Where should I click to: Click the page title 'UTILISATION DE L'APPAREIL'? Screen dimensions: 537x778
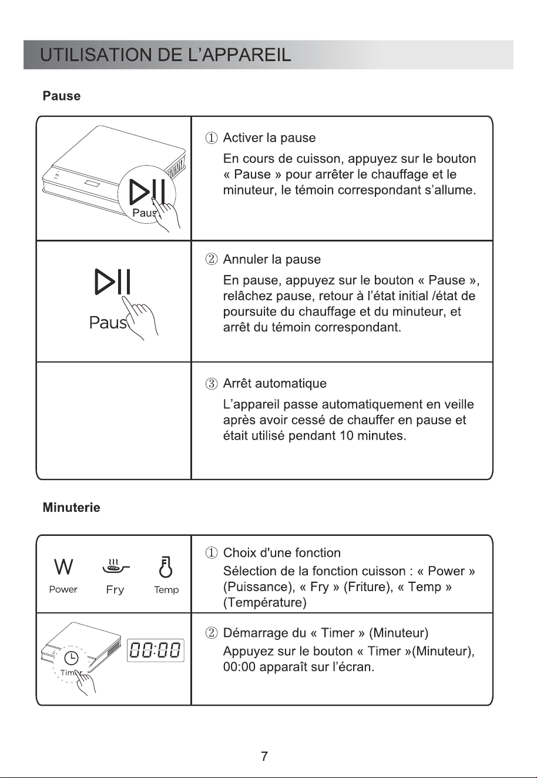165,55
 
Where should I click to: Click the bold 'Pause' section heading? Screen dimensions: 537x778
62,96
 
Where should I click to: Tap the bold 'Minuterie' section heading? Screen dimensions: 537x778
71,508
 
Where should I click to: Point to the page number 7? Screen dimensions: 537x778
264,756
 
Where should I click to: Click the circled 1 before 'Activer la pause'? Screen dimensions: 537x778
211,138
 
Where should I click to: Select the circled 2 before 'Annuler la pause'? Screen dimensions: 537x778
211,260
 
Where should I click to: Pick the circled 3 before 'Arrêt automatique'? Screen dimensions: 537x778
211,384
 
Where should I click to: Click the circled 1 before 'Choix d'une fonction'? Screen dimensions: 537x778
211,552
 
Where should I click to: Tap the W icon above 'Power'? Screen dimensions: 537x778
63,567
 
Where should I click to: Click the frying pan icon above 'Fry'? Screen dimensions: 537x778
116,567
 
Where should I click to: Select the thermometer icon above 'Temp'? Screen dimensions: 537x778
166,567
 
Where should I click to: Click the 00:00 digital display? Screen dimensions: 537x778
155,650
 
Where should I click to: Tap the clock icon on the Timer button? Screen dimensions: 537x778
72,657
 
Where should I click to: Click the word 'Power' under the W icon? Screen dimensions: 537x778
63,589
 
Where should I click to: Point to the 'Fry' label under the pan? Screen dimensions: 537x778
115,590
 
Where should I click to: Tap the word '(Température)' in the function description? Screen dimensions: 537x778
264,602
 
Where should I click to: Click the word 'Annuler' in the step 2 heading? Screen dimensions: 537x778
246,260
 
